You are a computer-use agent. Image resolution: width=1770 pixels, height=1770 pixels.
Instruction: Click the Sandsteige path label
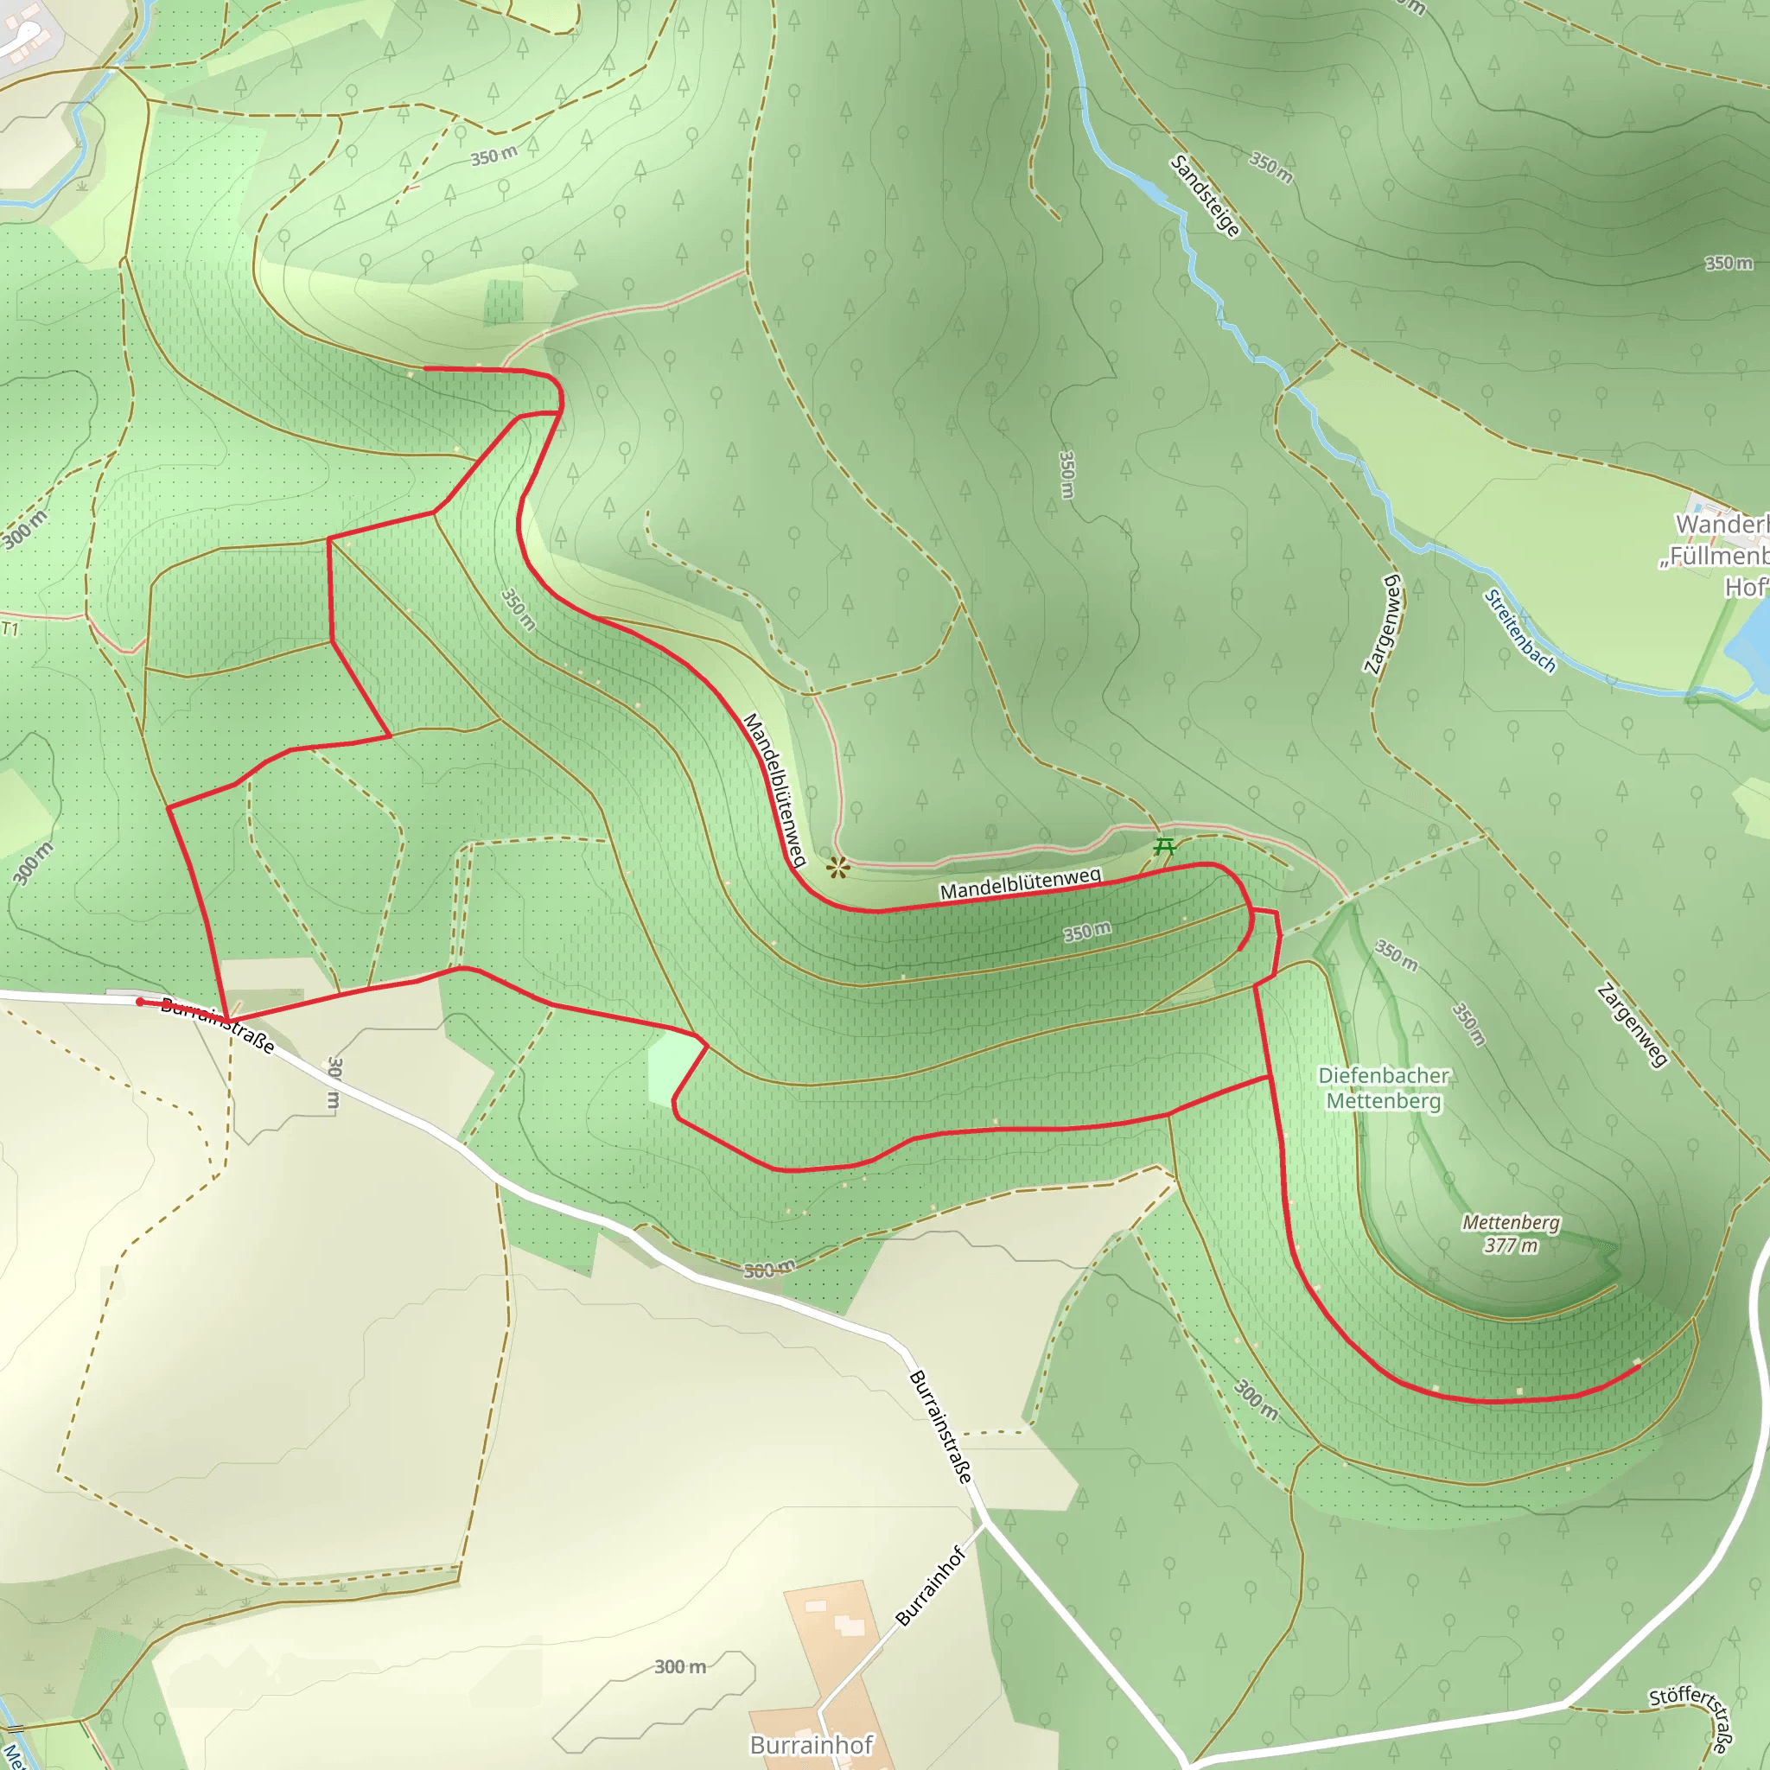(x=1205, y=196)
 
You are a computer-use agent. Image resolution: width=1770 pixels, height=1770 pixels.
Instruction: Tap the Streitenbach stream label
(x=1520, y=631)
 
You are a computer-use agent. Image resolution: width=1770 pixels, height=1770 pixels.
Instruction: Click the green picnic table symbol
(x=1164, y=845)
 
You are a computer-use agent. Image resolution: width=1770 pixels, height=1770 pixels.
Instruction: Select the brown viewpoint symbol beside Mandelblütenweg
(x=838, y=867)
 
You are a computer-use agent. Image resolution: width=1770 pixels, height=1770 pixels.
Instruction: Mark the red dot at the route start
(x=140, y=1003)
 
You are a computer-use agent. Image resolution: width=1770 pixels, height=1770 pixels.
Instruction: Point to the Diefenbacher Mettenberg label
(x=1384, y=1087)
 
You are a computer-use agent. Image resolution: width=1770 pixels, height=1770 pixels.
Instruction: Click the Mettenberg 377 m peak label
(x=1511, y=1233)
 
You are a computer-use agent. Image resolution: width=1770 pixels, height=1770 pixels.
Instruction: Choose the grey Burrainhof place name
(x=811, y=1744)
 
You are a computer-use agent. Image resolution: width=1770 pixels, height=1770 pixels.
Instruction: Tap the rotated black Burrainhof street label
(x=931, y=1586)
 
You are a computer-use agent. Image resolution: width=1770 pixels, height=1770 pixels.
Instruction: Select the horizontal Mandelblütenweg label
(x=1020, y=883)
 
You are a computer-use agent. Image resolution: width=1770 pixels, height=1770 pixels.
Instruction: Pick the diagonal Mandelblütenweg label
(x=774, y=790)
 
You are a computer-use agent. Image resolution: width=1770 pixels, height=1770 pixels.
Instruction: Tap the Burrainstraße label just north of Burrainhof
(x=940, y=1426)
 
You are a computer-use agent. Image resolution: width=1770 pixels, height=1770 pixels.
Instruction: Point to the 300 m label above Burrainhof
(x=680, y=1666)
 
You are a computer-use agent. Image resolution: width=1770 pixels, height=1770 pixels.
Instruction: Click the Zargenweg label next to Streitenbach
(x=1384, y=624)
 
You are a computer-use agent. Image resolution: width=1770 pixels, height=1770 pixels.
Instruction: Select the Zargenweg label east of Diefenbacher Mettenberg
(x=1632, y=1025)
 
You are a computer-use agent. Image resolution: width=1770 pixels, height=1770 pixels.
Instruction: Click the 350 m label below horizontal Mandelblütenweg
(x=1086, y=932)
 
